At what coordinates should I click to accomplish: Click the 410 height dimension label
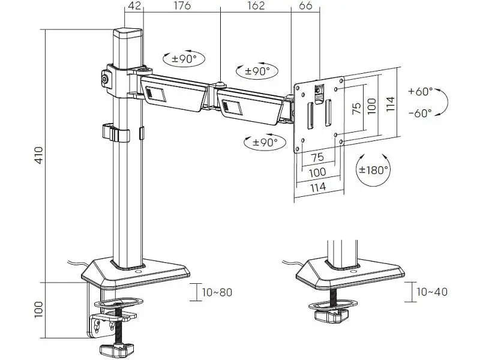pyautogui.click(x=39, y=155)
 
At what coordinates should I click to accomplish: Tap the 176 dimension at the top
pyautogui.click(x=182, y=5)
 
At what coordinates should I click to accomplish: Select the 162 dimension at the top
pyautogui.click(x=256, y=5)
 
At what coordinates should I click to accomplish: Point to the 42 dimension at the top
pyautogui.click(x=134, y=5)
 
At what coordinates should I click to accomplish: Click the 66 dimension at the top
pyautogui.click(x=305, y=5)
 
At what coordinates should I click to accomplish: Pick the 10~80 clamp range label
pyautogui.click(x=217, y=292)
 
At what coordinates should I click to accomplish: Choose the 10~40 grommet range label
pyautogui.click(x=432, y=292)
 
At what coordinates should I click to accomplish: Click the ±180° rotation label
pyautogui.click(x=373, y=170)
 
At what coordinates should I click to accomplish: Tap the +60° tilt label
pyautogui.click(x=421, y=91)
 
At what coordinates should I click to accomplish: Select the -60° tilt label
pyautogui.click(x=421, y=113)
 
